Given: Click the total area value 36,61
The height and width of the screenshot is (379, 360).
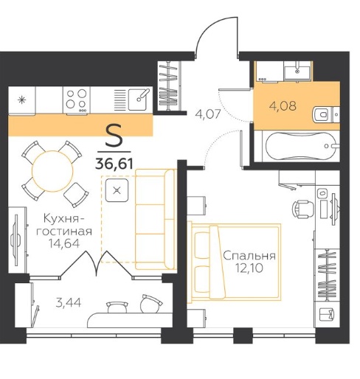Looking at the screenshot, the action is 114,164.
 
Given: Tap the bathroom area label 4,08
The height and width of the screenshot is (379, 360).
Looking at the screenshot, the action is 283,106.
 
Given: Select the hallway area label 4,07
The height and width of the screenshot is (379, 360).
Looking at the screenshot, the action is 207,114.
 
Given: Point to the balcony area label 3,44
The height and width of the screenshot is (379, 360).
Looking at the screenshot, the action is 69,302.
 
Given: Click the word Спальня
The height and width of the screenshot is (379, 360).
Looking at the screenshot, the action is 249,256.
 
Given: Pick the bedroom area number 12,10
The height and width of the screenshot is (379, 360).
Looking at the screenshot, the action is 249,268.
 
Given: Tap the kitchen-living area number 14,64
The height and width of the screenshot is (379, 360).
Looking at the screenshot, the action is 64,243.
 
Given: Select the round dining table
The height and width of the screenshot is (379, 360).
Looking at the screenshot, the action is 52,171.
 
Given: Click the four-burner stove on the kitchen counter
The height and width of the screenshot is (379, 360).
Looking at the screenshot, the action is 77,100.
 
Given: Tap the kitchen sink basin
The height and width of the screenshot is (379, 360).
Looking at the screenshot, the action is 139,100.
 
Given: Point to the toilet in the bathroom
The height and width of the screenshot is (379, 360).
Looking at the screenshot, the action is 322,115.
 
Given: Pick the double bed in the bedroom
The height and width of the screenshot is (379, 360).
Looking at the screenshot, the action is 235,262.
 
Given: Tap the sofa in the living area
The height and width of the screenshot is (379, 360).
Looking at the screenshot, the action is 155,219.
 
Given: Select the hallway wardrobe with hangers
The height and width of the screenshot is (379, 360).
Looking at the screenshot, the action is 169,86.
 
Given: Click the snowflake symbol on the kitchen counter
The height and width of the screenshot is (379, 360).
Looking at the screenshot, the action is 22,100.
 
